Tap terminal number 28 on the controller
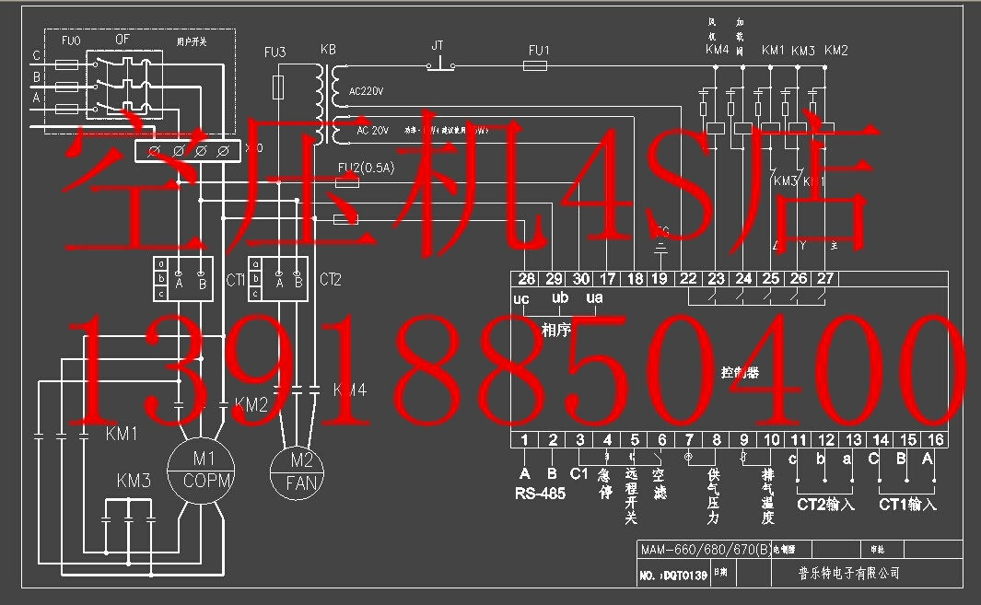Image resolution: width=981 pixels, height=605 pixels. pyautogui.click(x=527, y=278)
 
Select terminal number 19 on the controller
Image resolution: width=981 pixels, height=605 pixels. pyautogui.click(x=660, y=278)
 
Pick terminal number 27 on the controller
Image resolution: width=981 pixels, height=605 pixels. pyautogui.click(x=825, y=278)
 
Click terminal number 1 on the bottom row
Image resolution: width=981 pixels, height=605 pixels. pyautogui.click(x=524, y=440)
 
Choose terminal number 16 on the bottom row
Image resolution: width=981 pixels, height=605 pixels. pyautogui.click(x=937, y=440)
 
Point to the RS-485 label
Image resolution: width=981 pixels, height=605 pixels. pyautogui.click(x=540, y=493)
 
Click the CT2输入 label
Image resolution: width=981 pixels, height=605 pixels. pyautogui.click(x=825, y=505)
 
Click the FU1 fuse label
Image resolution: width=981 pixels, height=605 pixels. pyautogui.click(x=539, y=50)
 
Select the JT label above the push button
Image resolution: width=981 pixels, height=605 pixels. pyautogui.click(x=438, y=44)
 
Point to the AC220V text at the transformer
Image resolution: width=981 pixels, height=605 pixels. pyautogui.click(x=367, y=92)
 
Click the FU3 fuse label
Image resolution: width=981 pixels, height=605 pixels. pyautogui.click(x=274, y=52)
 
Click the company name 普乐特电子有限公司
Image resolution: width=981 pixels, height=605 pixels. pyautogui.click(x=847, y=573)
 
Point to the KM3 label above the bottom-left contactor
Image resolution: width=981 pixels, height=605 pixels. pyautogui.click(x=134, y=481)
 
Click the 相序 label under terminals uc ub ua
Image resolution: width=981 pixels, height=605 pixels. pyautogui.click(x=556, y=329)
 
